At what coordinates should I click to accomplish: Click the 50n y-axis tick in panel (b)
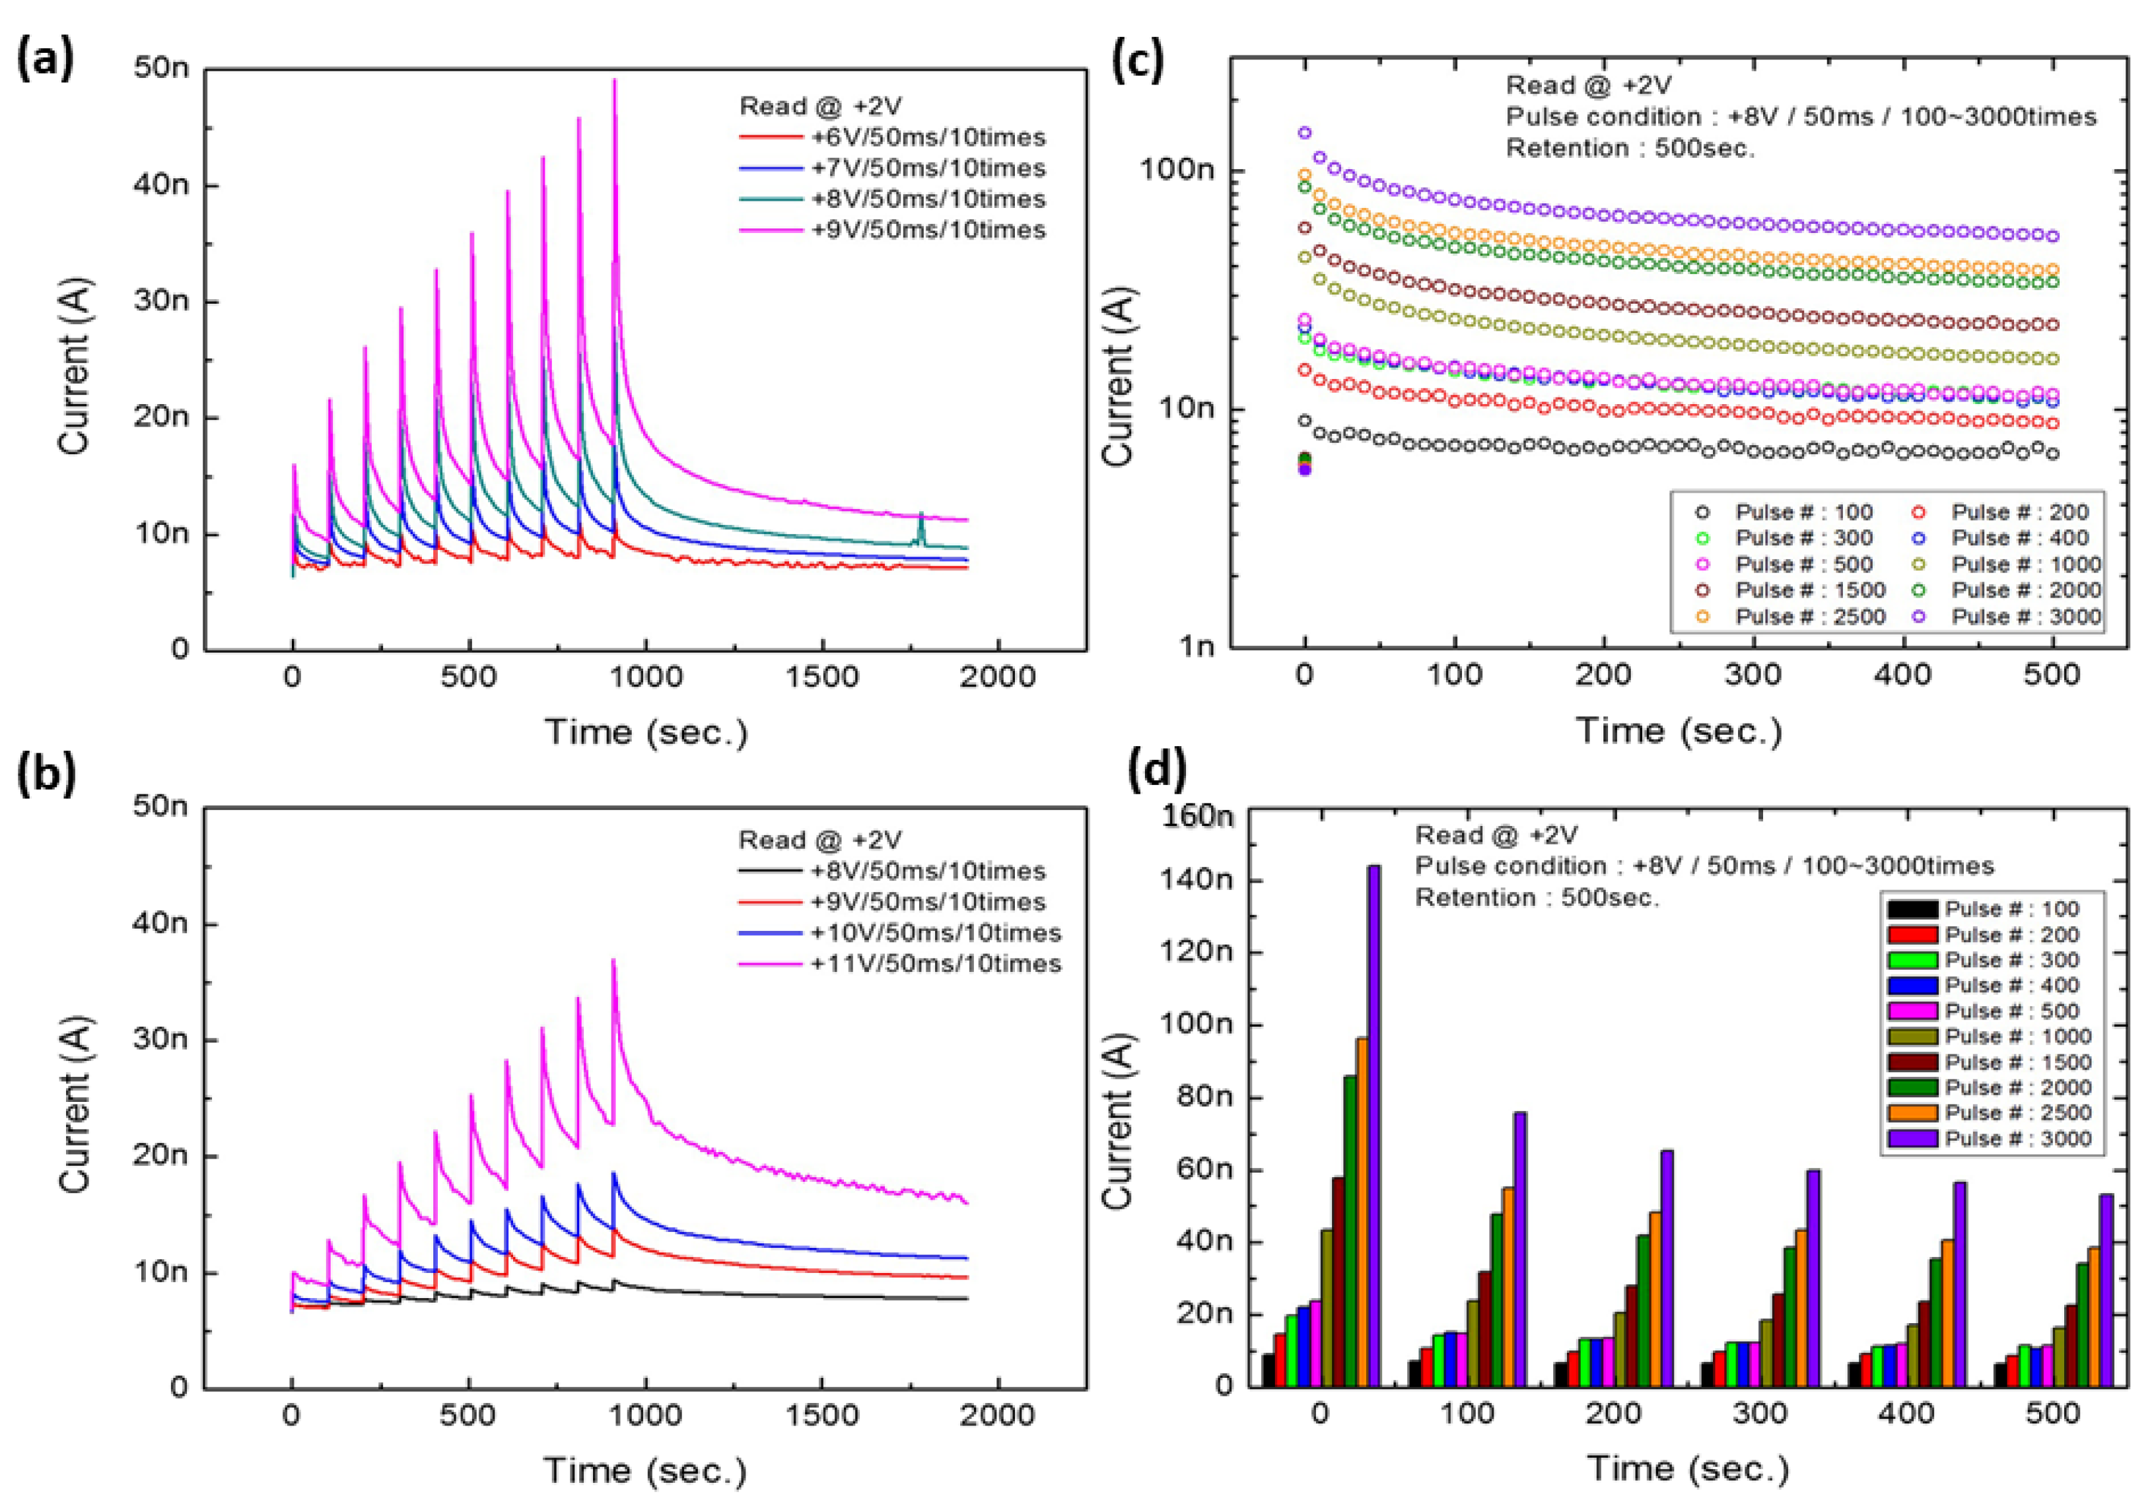160,806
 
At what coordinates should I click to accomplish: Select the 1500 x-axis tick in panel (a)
822,677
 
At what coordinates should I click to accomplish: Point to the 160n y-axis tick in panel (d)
1197,816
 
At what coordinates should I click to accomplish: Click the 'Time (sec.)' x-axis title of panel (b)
645,1470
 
